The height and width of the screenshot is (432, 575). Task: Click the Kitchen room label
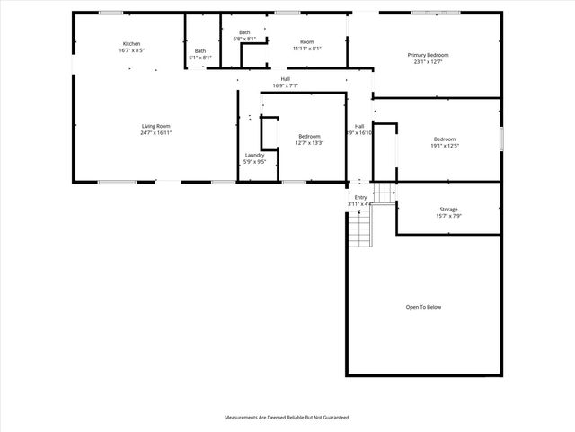tap(131, 44)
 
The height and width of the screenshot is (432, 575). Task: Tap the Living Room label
tap(155, 126)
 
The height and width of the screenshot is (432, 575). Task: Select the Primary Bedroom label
tap(431, 56)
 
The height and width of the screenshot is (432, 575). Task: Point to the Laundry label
tap(254, 155)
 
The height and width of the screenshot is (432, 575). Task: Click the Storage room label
tap(448, 209)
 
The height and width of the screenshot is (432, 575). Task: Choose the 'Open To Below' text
tap(423, 307)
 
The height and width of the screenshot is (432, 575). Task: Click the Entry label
tap(360, 197)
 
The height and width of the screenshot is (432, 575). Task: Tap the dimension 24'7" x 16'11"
tap(155, 132)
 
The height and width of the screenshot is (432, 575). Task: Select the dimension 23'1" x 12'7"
tap(431, 62)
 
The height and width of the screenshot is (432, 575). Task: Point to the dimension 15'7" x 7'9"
tap(448, 215)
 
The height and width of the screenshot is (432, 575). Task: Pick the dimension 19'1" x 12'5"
tap(445, 145)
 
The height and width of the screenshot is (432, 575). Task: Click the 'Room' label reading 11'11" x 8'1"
tap(306, 41)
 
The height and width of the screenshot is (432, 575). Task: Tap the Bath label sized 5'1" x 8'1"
tap(199, 51)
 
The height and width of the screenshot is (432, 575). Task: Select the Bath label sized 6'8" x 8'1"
tap(244, 32)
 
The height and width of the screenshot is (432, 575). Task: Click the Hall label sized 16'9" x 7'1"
tap(285, 79)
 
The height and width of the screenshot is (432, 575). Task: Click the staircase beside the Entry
tap(359, 229)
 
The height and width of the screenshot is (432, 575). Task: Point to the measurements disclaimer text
tap(287, 418)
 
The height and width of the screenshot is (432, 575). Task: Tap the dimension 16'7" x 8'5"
tap(131, 50)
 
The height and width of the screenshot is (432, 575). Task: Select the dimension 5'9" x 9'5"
tap(254, 162)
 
